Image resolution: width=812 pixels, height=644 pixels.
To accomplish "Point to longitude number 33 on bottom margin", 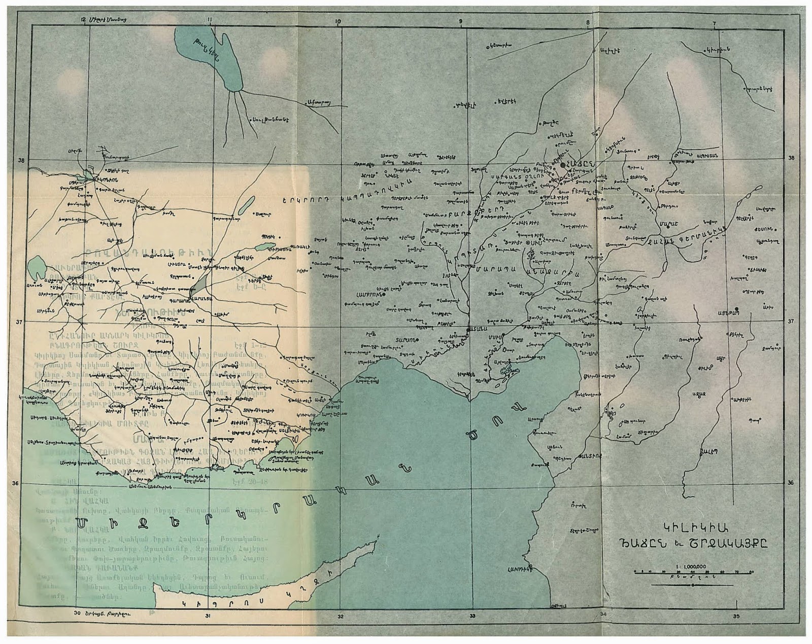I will (472, 617).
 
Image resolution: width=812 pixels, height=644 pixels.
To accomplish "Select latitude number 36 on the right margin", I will (791, 483).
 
